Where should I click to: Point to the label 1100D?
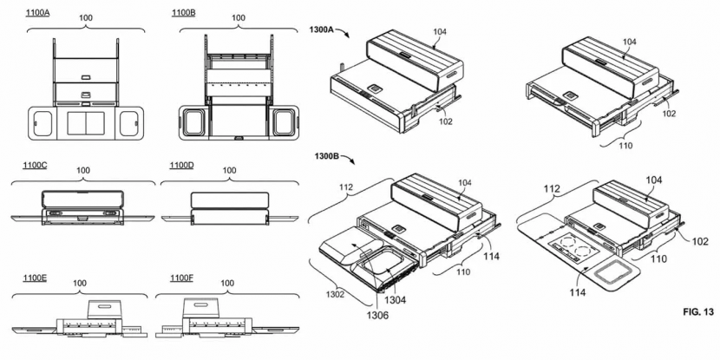click(x=182, y=165)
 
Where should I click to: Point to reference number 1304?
click(x=396, y=299)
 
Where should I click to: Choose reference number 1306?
click(x=364, y=316)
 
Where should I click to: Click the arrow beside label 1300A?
click(x=344, y=32)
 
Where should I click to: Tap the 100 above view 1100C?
click(x=83, y=170)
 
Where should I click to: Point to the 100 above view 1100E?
click(x=82, y=284)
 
